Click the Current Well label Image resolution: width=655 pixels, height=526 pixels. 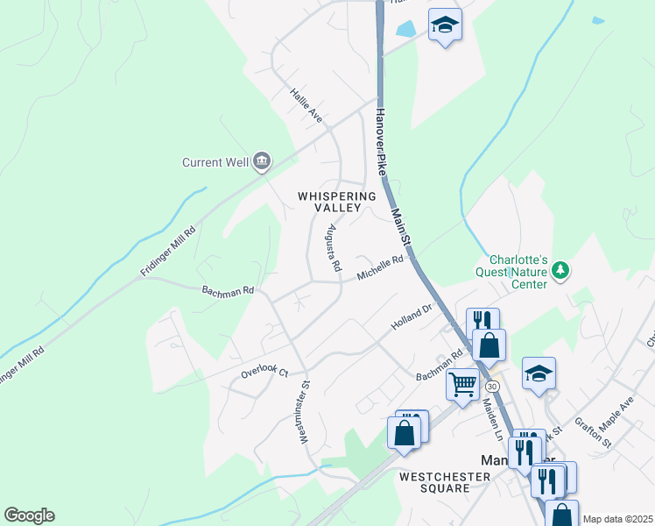click(215, 162)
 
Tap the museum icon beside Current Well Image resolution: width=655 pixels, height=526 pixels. click(261, 161)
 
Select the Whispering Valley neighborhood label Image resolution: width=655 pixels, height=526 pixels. click(337, 202)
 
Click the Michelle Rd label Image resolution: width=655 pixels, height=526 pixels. click(380, 269)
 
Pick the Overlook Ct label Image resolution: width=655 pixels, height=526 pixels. click(264, 373)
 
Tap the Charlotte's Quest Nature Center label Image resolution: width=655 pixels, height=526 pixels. click(518, 272)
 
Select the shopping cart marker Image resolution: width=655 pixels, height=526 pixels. click(461, 382)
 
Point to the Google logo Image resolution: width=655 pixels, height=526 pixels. click(29, 515)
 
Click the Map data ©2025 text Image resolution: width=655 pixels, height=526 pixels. click(617, 519)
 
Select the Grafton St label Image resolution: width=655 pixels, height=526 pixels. click(594, 433)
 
